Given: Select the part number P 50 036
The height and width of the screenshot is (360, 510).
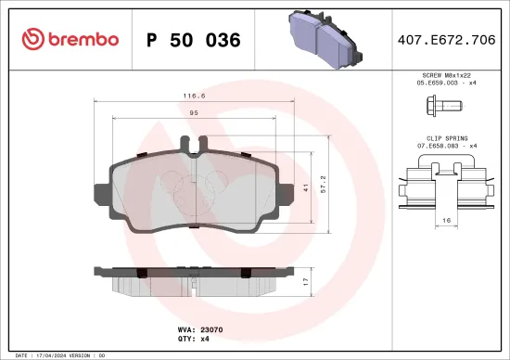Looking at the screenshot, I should [x=194, y=40].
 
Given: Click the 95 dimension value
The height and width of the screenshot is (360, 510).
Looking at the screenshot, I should [x=195, y=113].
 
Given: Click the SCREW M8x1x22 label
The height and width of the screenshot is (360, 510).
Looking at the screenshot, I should [x=446, y=73].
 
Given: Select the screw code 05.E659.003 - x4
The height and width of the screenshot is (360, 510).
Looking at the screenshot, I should [x=446, y=83].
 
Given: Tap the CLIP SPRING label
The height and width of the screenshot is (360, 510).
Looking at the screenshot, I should [x=446, y=137].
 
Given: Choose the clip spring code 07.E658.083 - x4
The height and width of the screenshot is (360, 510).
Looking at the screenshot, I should [x=446, y=147].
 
